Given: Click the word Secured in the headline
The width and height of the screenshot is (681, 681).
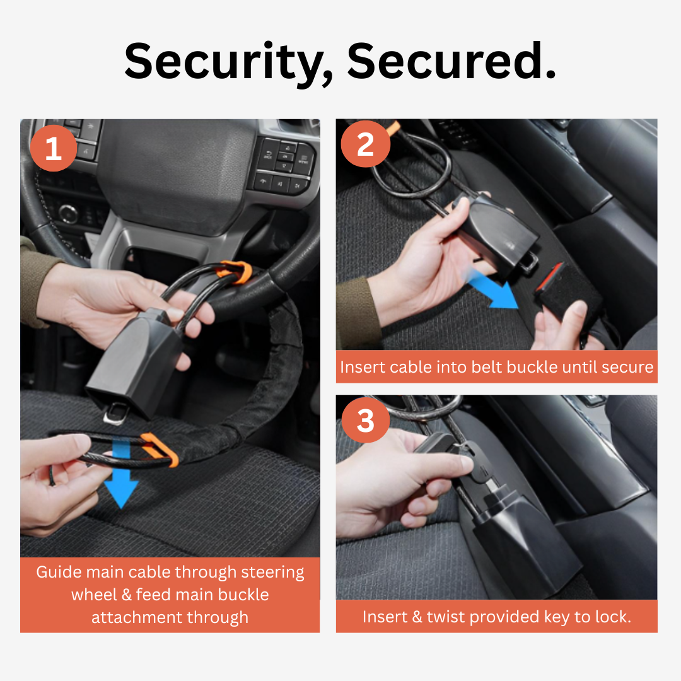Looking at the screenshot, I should coord(451,61).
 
